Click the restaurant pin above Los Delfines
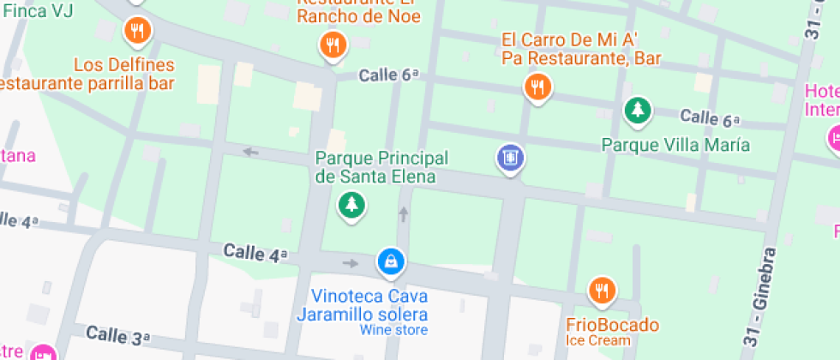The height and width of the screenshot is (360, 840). click(137, 32)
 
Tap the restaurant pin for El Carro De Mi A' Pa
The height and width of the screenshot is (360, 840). click(537, 87)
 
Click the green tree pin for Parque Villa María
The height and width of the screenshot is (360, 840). click(636, 110)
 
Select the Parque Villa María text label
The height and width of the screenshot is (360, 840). click(675, 145)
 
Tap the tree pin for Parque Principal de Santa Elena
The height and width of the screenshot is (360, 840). click(350, 204)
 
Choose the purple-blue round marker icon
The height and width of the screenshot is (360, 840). click(510, 158)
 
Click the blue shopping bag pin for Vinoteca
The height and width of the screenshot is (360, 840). click(391, 261)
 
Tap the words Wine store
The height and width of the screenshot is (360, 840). click(393, 330)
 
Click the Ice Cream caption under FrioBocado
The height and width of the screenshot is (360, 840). click(598, 341)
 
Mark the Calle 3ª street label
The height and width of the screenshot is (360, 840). click(118, 335)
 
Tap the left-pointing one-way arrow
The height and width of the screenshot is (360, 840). click(250, 152)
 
